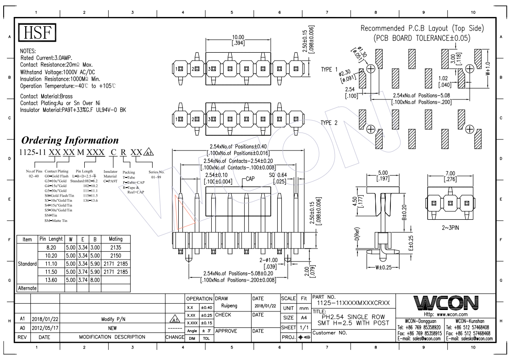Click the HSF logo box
(x=36, y=33)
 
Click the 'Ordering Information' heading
(x=70, y=140)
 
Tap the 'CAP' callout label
(x=250, y=179)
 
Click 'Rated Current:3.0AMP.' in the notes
(x=53, y=58)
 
